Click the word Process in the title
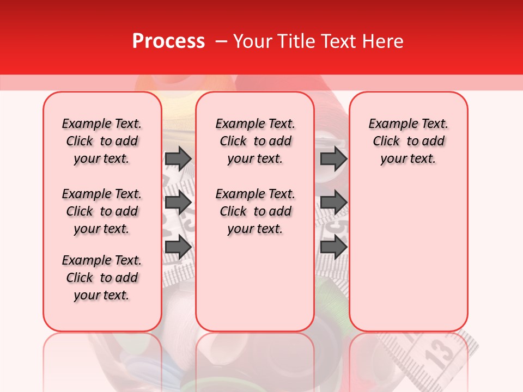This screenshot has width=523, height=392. [168, 41]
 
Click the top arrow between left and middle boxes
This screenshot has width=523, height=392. [178, 158]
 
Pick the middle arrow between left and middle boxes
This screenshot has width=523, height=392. [178, 203]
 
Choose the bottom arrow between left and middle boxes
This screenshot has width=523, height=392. [178, 247]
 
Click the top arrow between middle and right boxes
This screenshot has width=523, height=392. [333, 158]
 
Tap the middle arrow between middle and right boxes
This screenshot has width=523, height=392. [333, 203]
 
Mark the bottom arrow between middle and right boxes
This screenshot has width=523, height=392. [333, 247]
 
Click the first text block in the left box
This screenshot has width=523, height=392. [102, 141]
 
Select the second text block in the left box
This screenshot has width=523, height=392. [102, 211]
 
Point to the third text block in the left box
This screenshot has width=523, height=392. [102, 278]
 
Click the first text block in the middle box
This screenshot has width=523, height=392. [256, 141]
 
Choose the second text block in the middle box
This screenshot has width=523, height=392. [256, 211]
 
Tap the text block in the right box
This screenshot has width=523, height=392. [409, 141]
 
